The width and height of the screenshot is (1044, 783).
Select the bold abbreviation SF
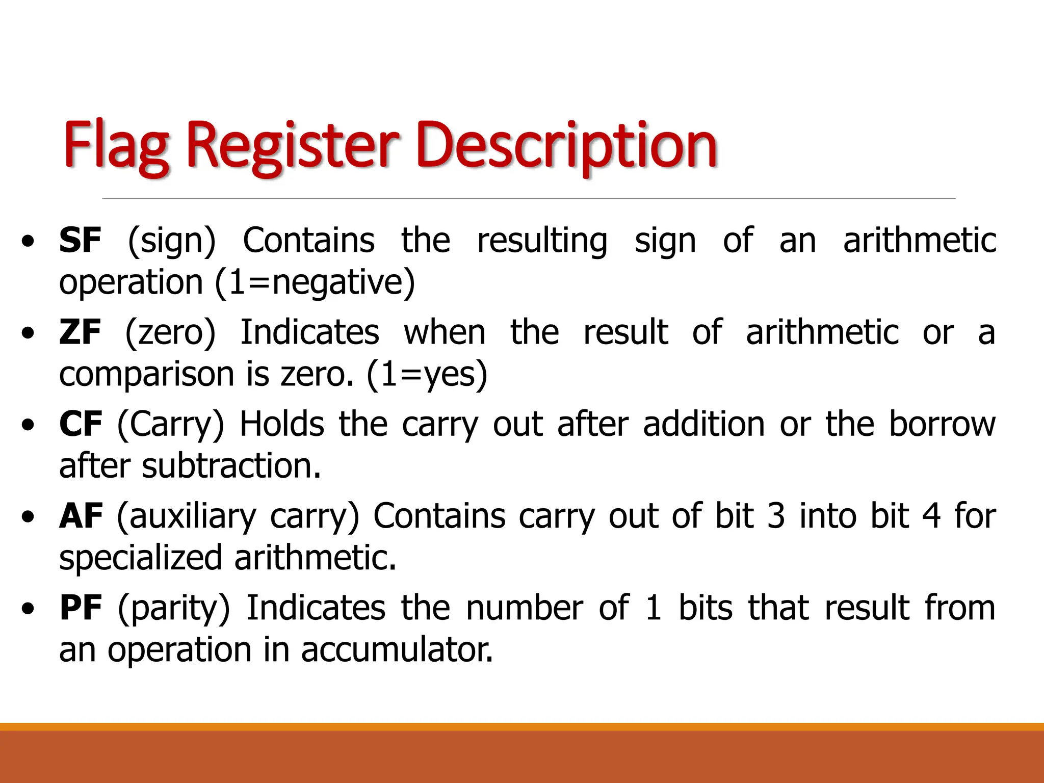click(x=80, y=241)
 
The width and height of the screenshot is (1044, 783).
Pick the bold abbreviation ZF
click(x=80, y=332)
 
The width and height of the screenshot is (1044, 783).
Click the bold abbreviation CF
click(x=81, y=424)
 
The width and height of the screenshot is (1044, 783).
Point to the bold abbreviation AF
click(x=81, y=516)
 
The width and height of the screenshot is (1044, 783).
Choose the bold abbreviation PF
click(x=81, y=608)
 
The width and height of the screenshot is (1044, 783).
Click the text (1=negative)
click(x=315, y=282)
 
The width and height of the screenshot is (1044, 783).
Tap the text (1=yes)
click(x=427, y=374)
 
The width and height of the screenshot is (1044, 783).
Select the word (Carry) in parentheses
click(x=170, y=424)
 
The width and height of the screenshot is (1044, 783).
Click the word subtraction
click(x=231, y=466)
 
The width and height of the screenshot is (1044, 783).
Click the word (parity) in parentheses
click(x=174, y=608)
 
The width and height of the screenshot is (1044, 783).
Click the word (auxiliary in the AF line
click(x=187, y=516)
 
